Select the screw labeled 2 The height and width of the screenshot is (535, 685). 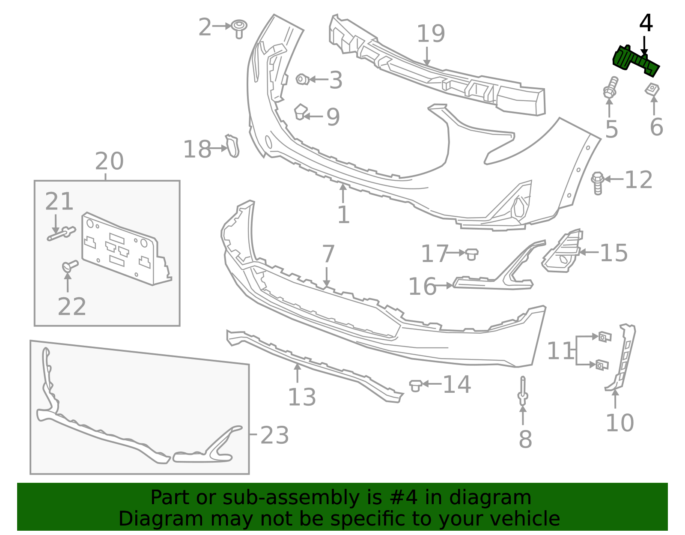[239, 28]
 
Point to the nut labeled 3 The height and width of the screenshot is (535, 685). [302, 79]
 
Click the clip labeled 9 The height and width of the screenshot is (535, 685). [301, 112]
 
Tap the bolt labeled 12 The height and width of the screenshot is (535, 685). [598, 182]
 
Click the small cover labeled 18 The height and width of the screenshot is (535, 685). [232, 146]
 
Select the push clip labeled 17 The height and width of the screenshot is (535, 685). [471, 254]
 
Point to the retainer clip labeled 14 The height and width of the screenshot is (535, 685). [415, 385]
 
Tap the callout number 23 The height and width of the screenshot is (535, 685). [274, 435]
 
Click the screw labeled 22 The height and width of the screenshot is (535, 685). [70, 266]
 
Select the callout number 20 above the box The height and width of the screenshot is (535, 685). [109, 161]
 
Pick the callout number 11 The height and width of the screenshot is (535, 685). [560, 351]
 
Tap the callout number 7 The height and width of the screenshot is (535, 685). [328, 254]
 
